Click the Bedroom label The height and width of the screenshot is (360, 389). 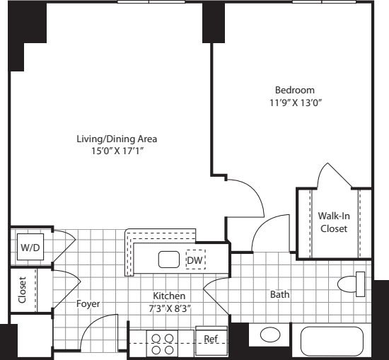coord(295,90)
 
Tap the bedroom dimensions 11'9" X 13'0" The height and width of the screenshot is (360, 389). coord(295,102)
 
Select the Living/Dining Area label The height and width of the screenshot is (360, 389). coord(117,138)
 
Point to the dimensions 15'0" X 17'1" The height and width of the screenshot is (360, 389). coord(117,151)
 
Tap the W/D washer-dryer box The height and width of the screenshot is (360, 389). coord(30,248)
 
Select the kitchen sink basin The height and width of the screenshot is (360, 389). coord(168,260)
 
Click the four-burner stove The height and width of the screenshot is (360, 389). coord(162,344)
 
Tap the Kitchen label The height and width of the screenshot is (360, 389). coord(169,296)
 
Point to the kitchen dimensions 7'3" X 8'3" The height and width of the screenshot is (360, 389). coord(169,308)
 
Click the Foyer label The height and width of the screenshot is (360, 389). coord(88,304)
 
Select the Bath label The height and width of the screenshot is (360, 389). coord(279,294)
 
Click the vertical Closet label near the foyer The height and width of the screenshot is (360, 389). coord(23,290)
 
